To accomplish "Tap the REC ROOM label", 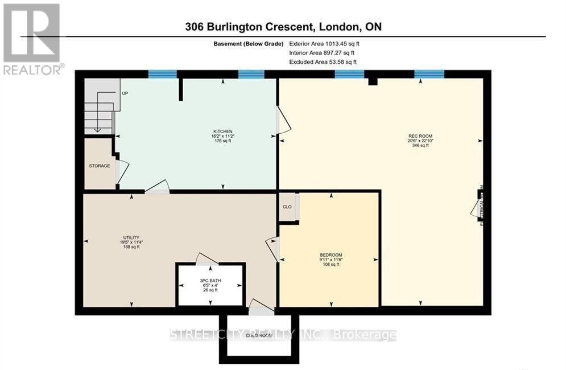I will pos(419,135).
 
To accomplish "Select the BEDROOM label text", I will pos(330,254).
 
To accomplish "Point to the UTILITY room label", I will pos(131,237).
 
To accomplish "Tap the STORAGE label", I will pos(99,166).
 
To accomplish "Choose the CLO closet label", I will pos(287,207).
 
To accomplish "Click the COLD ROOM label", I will pos(258,335).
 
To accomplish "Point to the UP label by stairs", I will pos(125,93).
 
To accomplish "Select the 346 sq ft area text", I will pos(419,146).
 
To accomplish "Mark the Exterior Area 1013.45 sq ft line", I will pos(324,43).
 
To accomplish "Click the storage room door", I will pos(122,171).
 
